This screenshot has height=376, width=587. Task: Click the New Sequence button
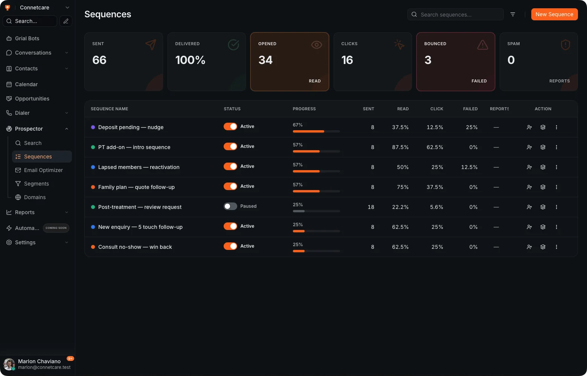[x=554, y=14]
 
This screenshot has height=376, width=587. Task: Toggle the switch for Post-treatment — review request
[x=230, y=206]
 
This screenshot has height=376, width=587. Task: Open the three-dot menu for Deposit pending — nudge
[x=557, y=127]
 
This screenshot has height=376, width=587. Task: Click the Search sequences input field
[x=455, y=14]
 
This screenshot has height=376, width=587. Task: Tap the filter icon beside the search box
[x=512, y=14]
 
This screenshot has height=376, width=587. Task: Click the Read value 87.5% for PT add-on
[x=400, y=147]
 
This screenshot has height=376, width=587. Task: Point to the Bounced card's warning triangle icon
[x=482, y=45]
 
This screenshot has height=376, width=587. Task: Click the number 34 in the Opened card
[x=265, y=60]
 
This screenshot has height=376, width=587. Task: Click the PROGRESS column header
[x=304, y=109]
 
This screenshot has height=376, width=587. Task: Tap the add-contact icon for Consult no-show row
[x=529, y=247]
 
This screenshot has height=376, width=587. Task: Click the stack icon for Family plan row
[x=543, y=187]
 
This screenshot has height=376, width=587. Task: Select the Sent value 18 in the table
[x=371, y=207]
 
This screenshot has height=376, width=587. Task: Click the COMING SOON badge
[x=56, y=228]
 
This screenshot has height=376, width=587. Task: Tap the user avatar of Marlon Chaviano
[x=9, y=364]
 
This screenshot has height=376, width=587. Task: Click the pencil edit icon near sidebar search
[x=66, y=21]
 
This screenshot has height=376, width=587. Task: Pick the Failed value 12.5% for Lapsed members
[x=469, y=167]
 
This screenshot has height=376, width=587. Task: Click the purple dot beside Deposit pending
[x=93, y=127]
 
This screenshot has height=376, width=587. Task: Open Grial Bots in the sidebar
[x=27, y=38]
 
